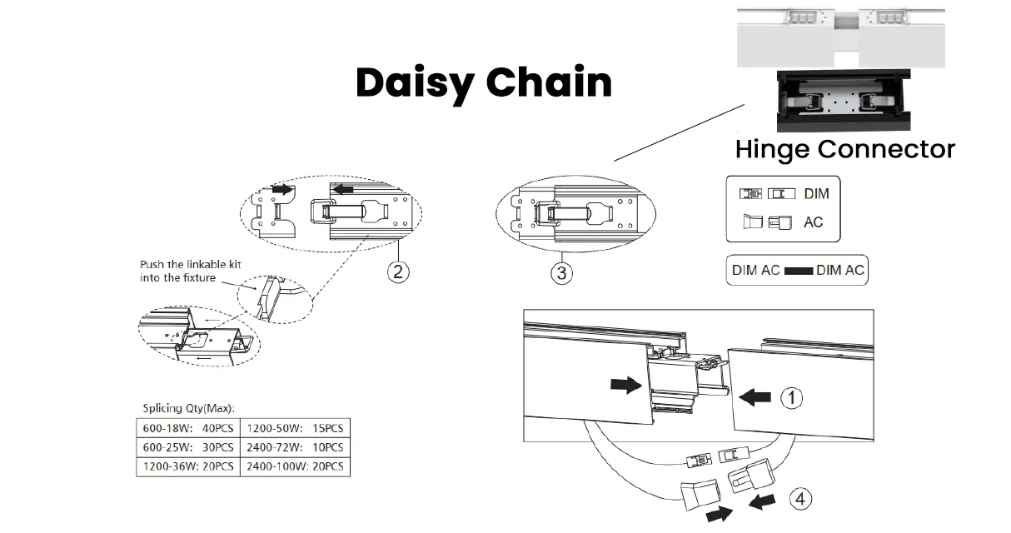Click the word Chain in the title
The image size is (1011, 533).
point(549,82)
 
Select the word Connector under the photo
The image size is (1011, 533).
point(886,149)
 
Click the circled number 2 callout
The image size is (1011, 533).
point(398,271)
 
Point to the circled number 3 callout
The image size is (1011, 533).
point(561,273)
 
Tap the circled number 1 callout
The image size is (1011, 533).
point(791,398)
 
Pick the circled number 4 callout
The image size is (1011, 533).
point(800,499)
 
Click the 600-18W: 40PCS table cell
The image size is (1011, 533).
point(188,428)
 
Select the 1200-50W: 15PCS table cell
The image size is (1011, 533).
point(295,428)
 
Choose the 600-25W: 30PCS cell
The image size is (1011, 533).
point(188,447)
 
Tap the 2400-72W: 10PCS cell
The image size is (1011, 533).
point(295,447)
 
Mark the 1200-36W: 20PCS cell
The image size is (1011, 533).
point(188,466)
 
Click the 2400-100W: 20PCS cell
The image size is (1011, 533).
point(295,466)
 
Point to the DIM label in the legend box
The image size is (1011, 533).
point(816,193)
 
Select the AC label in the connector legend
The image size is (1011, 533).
point(814,222)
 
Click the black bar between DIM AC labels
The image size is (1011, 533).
point(799,271)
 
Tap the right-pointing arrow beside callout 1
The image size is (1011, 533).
point(626,386)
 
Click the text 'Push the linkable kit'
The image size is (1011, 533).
point(191,264)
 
